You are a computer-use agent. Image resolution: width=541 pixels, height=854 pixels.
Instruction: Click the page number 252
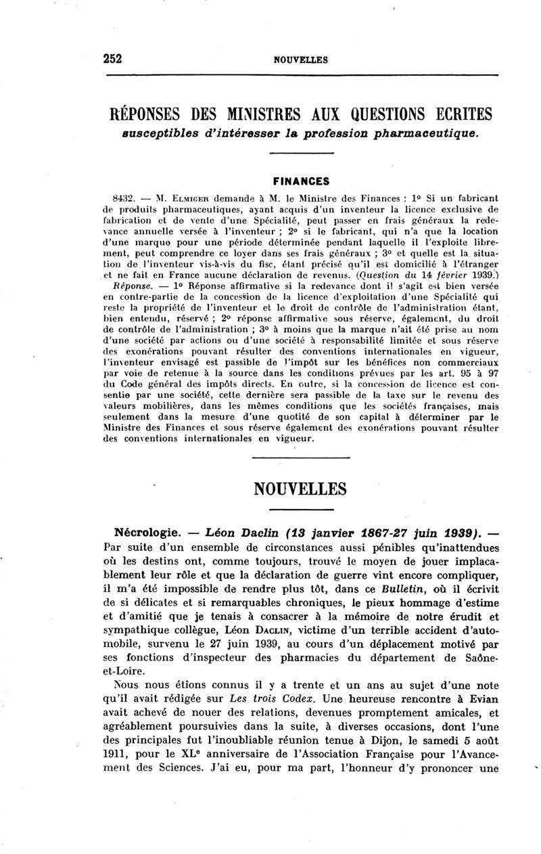[x=112, y=59]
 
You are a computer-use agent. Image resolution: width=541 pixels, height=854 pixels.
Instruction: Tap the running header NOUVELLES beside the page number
[x=300, y=60]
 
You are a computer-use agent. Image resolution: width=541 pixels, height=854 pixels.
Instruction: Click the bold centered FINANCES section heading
[x=300, y=181]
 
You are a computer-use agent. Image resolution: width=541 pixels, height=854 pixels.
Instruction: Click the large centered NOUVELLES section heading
[x=300, y=489]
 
